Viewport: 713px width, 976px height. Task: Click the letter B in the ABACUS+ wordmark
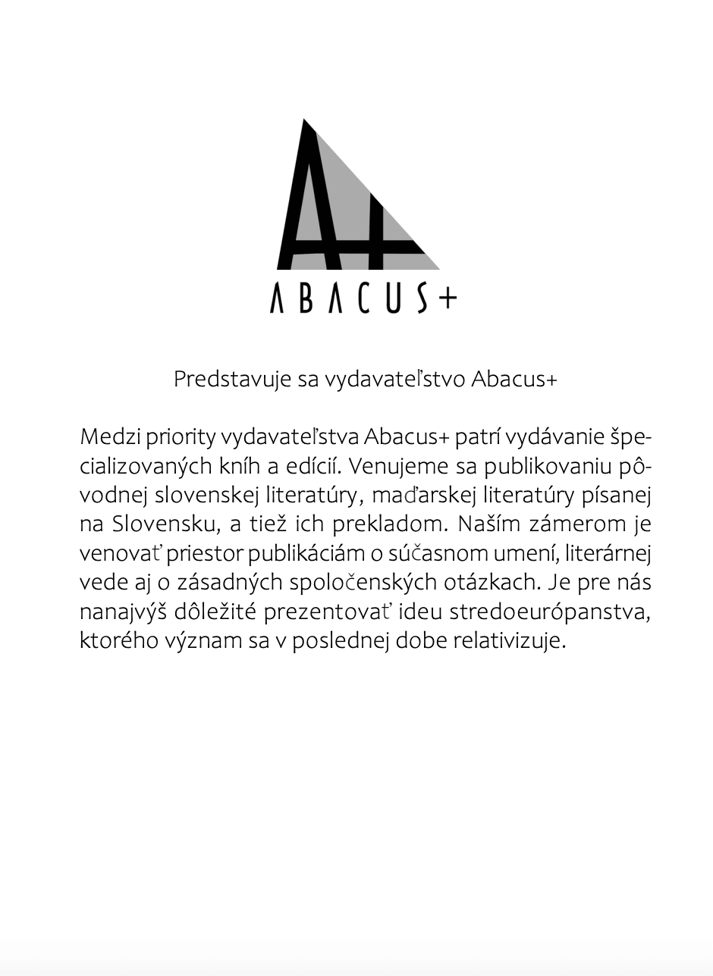click(x=305, y=298)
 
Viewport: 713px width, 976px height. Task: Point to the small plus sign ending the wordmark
click(x=448, y=299)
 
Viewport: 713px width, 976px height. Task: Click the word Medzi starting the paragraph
click(x=110, y=437)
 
